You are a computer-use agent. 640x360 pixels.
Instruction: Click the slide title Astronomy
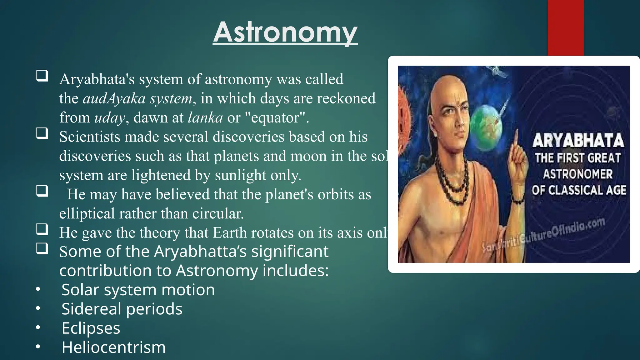pos(285,32)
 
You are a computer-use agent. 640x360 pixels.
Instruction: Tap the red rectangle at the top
pos(566,27)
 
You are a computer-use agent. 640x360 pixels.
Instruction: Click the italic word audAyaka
pos(114,99)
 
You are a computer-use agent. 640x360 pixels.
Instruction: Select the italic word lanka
pos(205,118)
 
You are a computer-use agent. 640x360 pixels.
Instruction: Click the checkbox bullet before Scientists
pos(42,133)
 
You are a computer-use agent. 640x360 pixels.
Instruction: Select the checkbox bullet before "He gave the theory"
pos(42,229)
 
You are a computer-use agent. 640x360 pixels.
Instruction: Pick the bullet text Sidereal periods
pos(122,309)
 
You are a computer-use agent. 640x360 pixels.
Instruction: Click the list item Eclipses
pos(91,328)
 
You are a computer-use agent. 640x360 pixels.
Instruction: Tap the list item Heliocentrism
pos(113,347)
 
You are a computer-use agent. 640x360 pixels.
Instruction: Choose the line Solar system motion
pos(138,290)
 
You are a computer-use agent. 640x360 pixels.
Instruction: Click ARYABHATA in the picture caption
pos(578,141)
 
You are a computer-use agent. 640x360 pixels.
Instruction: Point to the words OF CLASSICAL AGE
pos(579,190)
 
